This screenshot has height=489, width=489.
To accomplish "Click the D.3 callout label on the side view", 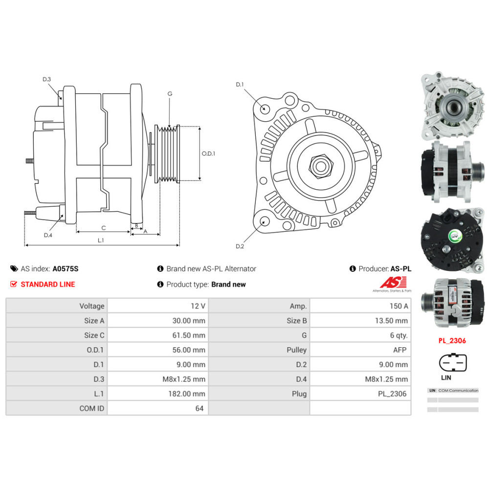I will [x=47, y=79].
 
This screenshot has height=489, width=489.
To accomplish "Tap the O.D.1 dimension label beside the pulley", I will [x=208, y=153].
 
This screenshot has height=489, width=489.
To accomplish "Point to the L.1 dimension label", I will [x=101, y=240].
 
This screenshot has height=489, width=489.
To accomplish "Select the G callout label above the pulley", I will [x=170, y=93].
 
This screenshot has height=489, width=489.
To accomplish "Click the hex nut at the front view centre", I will [x=320, y=166].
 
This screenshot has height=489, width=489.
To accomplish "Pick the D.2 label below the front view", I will [x=240, y=246].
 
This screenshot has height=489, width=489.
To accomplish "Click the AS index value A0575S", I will [x=66, y=268].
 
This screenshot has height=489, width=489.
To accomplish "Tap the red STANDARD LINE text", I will [x=47, y=284].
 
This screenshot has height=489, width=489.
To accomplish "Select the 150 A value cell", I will [x=399, y=306].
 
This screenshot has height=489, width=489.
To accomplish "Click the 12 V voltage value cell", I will [x=198, y=306].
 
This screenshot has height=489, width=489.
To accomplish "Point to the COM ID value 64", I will [x=199, y=408].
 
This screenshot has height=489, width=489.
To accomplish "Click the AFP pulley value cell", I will [x=400, y=350].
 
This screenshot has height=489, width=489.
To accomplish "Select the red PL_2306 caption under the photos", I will [x=452, y=341].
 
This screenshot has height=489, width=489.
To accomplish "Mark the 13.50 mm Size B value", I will [x=391, y=321].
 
